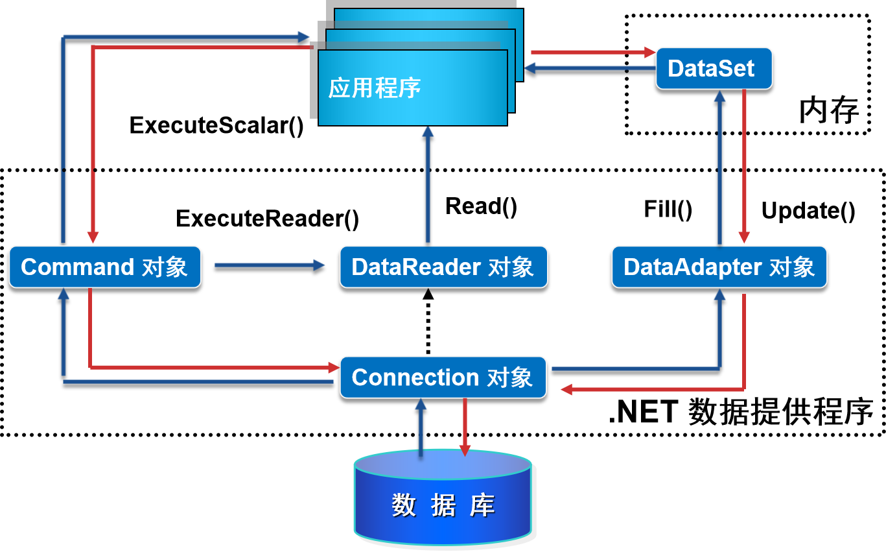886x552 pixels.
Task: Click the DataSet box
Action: point(713,68)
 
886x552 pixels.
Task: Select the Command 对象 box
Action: point(104,267)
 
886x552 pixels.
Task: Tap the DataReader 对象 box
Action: point(443,267)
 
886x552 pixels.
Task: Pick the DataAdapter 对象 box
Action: point(719,267)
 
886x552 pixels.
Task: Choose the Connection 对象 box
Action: point(443,378)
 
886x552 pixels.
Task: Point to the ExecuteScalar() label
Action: point(216,125)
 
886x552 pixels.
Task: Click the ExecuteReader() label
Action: point(267,219)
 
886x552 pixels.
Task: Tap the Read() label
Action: point(482,206)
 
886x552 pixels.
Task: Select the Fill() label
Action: point(668,209)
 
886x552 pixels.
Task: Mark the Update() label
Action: point(808,211)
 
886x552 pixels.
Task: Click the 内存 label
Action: point(828,111)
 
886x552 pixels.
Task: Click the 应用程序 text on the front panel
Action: point(375,88)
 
